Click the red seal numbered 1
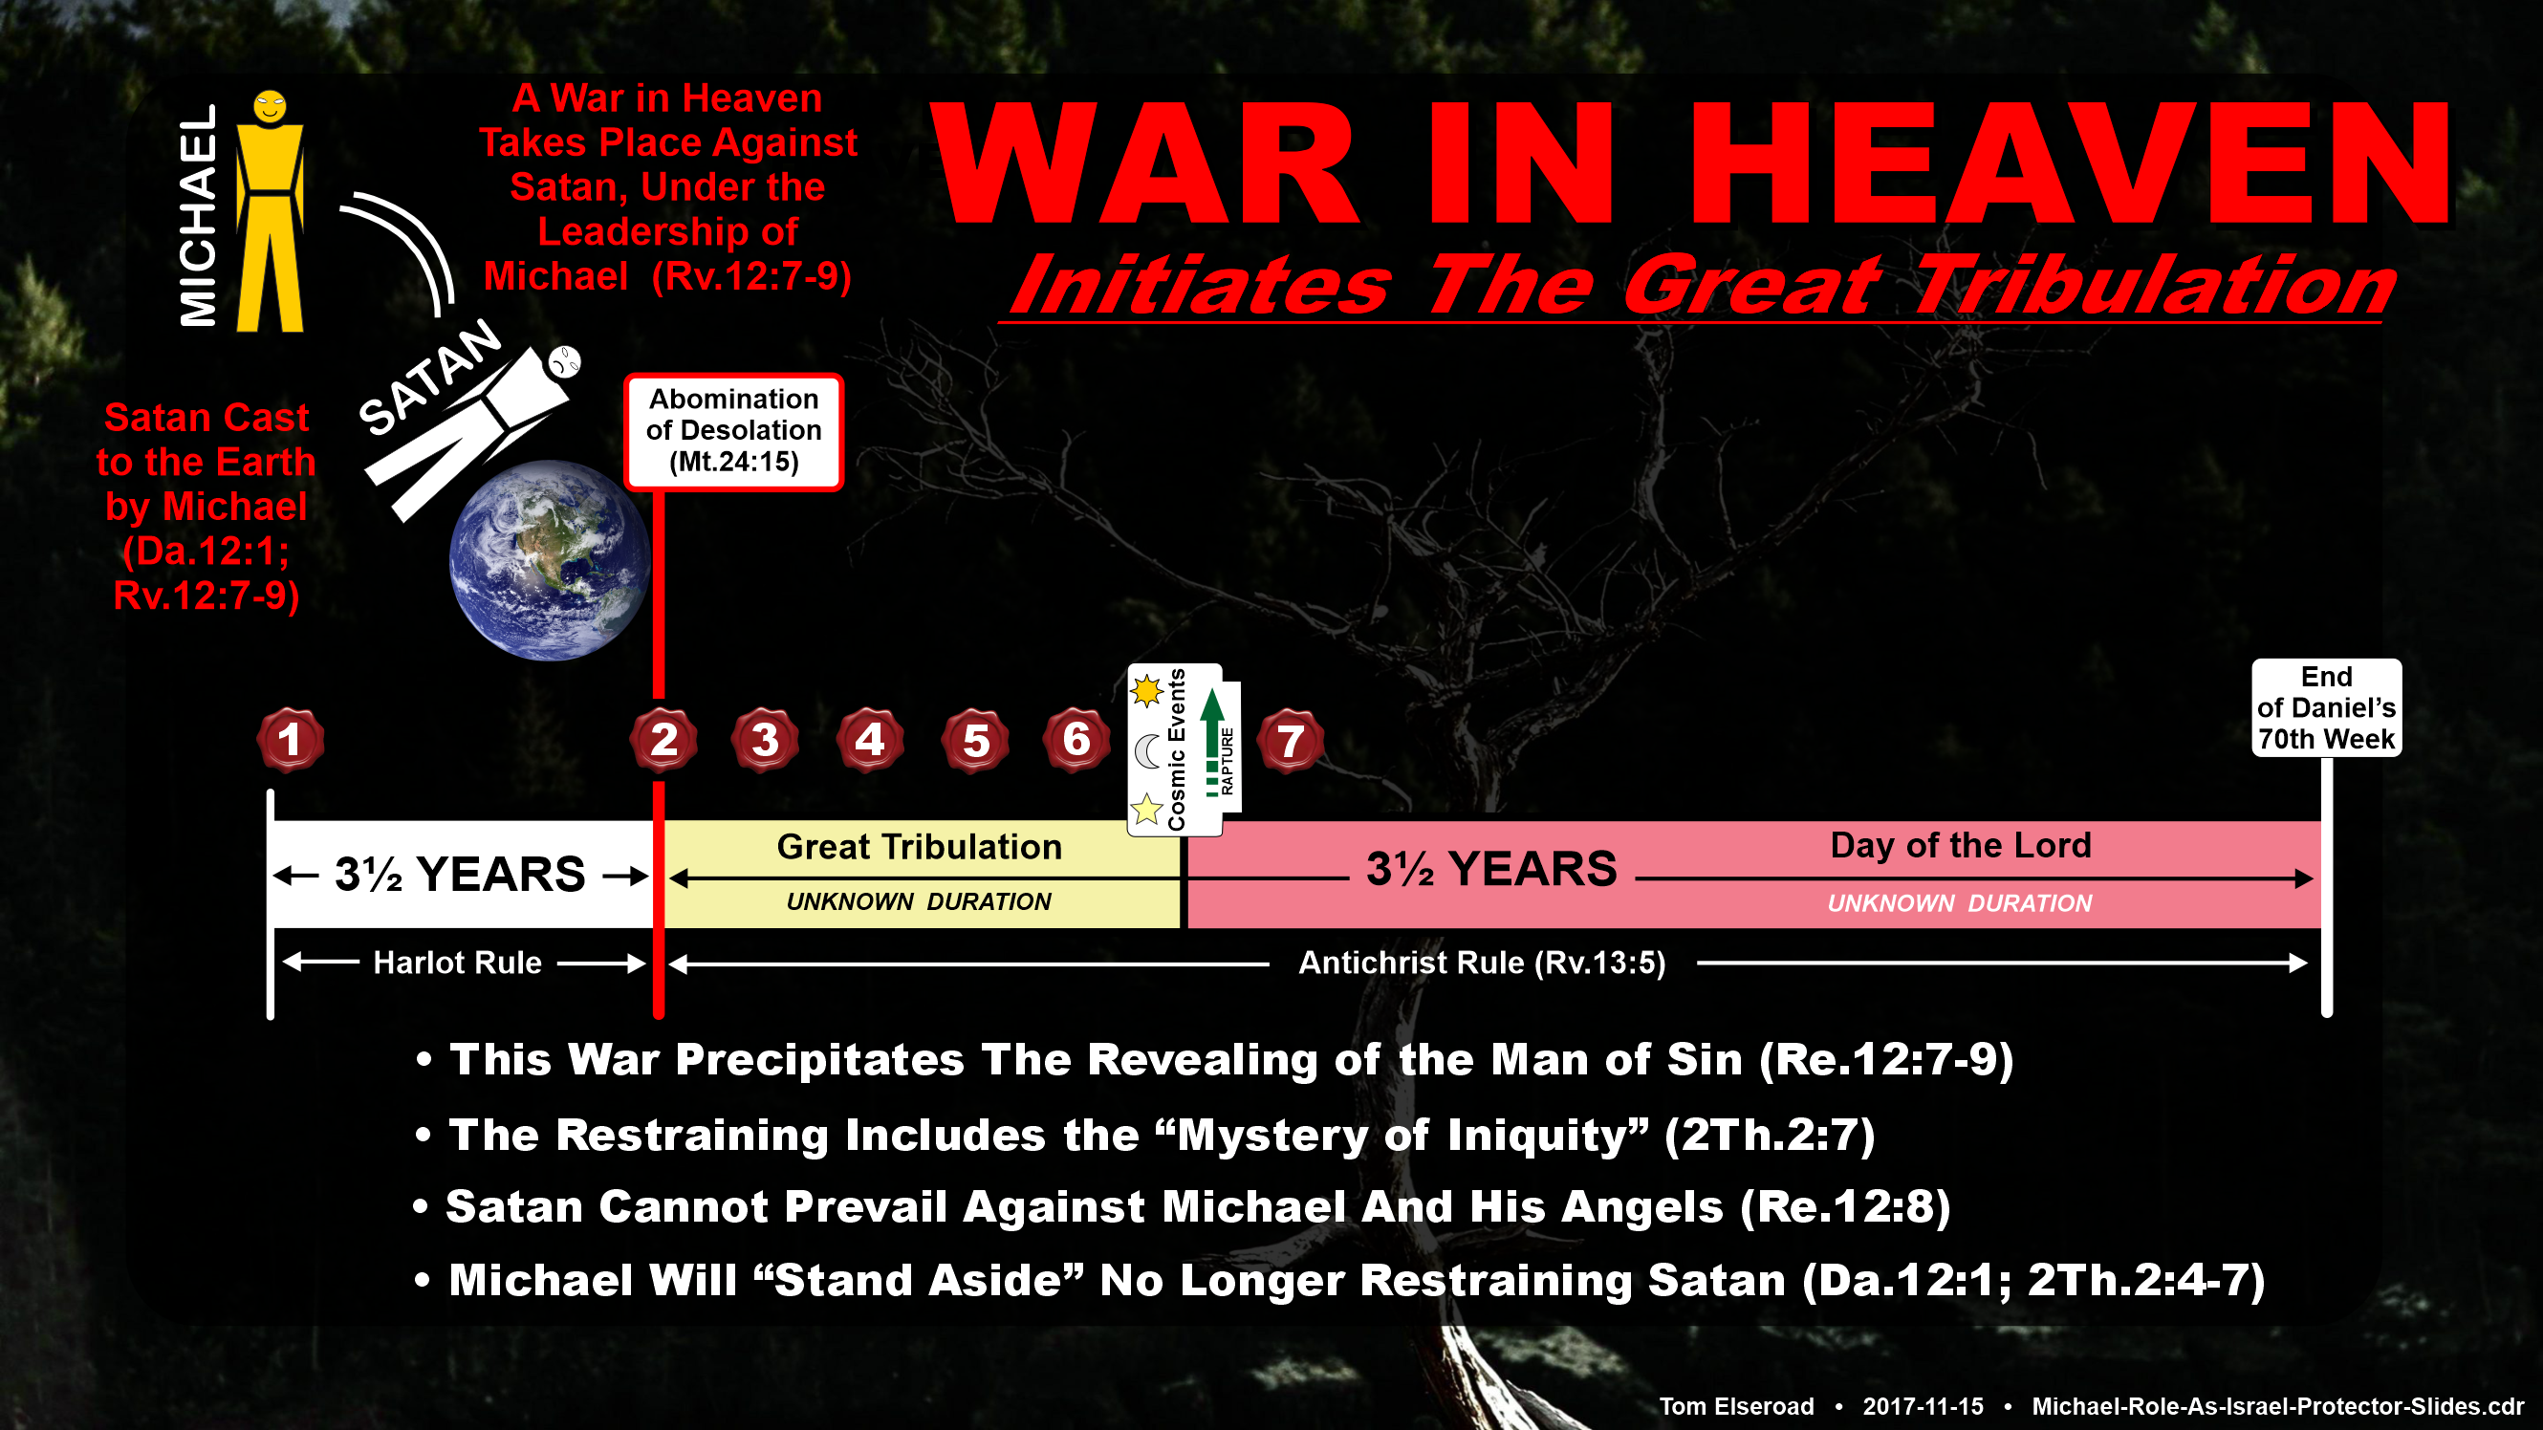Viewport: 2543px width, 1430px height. pos(290,739)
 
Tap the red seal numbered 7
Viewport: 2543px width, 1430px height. pos(1290,740)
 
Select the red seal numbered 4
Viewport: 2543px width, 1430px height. pos(869,739)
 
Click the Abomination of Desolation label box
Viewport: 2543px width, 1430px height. pos(733,431)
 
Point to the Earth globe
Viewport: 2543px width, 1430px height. pos(549,559)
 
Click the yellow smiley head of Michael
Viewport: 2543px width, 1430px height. pos(270,105)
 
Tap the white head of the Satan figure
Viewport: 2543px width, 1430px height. pos(565,361)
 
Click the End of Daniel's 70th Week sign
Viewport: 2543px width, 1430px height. pos(2326,707)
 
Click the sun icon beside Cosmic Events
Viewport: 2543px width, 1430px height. pos(1147,691)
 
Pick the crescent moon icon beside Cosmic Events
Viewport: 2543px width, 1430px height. pos(1147,752)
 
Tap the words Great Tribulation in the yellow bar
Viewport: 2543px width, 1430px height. pos(919,847)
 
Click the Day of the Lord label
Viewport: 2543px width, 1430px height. pos(1961,845)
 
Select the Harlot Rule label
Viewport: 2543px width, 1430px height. pos(457,963)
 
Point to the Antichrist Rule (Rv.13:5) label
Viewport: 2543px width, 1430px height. pos(1482,963)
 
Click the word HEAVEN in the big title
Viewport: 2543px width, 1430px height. pos(2069,163)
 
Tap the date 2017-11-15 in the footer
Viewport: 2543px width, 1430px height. pos(1924,1406)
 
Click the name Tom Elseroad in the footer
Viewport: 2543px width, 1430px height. pos(1736,1406)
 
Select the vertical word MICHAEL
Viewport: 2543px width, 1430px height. pos(198,215)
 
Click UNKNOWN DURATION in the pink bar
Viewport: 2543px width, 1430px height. pos(1960,903)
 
